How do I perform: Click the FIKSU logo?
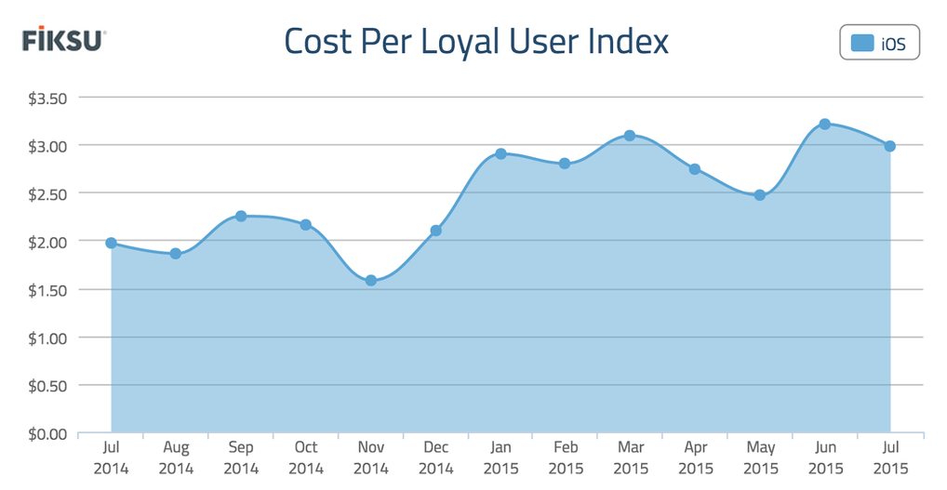pos(64,40)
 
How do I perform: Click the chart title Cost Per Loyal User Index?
pos(475,42)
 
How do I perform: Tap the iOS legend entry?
pos(879,43)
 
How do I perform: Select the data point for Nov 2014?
pos(370,280)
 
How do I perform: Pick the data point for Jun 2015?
pos(824,125)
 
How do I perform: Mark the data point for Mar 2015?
pos(630,136)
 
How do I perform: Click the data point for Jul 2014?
pos(111,243)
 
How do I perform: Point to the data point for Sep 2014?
pos(241,216)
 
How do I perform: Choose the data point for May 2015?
pos(760,195)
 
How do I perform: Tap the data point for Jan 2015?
pos(500,153)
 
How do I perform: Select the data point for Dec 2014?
pos(435,231)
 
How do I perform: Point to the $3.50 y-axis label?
pos(44,98)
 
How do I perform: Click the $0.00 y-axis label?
pos(44,433)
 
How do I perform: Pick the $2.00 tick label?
pos(44,242)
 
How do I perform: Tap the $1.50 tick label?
pos(44,290)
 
